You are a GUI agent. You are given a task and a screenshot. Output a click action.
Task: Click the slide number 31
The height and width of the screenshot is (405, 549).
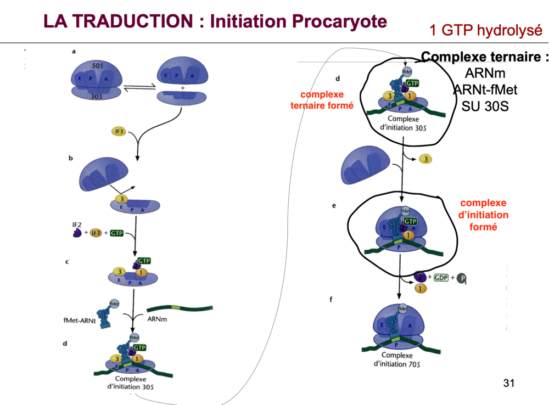[509, 383]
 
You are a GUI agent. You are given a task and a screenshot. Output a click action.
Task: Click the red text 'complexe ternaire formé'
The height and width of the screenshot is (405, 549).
[322, 100]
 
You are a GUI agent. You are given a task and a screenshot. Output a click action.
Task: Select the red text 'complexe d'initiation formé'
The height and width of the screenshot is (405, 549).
[484, 215]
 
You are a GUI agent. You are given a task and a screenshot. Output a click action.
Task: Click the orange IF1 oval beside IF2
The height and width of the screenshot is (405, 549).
[97, 233]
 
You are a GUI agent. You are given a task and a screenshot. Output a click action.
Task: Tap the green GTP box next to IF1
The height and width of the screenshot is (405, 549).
[116, 233]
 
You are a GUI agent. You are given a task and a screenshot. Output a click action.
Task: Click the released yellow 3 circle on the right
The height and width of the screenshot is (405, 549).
[425, 159]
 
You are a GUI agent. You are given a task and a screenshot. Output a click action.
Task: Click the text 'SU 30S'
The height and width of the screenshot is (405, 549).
[485, 105]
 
